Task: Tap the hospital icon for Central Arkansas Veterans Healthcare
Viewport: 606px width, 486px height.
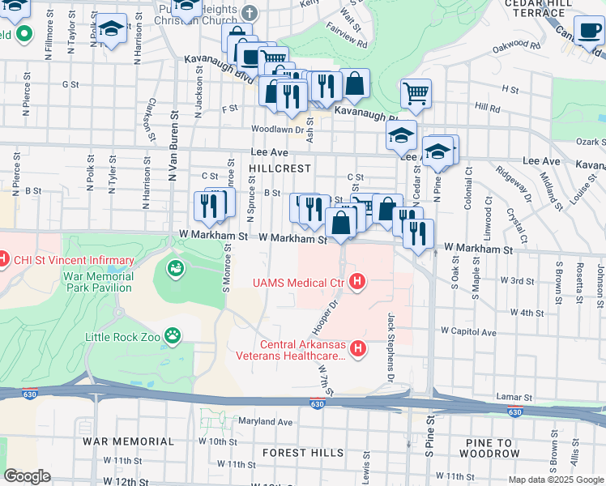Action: (357, 349)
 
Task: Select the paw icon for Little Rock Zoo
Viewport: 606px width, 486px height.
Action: (173, 335)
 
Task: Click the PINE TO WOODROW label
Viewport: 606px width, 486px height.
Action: (493, 448)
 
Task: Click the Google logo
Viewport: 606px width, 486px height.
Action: (27, 476)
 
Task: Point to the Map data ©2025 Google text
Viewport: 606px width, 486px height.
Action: (557, 480)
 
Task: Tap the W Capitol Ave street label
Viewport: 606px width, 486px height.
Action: (468, 331)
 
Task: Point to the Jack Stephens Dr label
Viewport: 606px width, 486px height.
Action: (390, 339)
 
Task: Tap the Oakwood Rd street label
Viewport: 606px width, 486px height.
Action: (514, 45)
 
